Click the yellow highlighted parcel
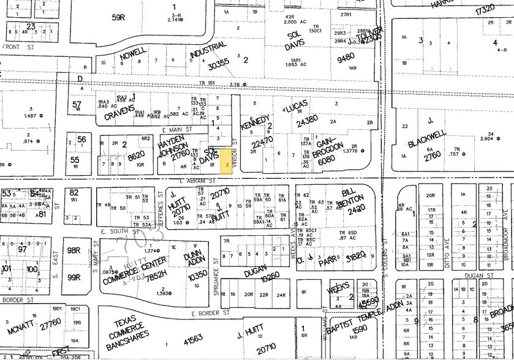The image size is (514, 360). click(x=227, y=163)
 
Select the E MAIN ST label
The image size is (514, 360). click(x=177, y=130)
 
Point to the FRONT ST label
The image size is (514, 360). click(x=16, y=46)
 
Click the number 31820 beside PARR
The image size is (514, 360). click(x=357, y=253)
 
